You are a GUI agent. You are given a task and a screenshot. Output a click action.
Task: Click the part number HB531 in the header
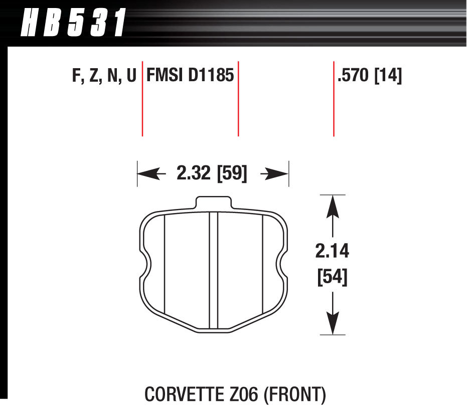[x=72, y=23]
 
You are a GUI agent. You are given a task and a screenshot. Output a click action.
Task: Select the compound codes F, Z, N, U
[x=104, y=76]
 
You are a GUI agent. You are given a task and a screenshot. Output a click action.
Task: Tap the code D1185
[x=211, y=76]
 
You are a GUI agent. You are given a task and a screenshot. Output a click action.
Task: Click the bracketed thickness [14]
[x=388, y=76]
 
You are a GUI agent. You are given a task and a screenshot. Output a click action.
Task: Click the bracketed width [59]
[x=231, y=174]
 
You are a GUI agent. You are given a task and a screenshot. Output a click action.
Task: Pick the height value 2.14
[x=332, y=251]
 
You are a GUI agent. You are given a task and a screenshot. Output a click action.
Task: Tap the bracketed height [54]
[x=332, y=277]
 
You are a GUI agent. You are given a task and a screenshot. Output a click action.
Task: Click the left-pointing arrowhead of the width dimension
[x=145, y=174]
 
